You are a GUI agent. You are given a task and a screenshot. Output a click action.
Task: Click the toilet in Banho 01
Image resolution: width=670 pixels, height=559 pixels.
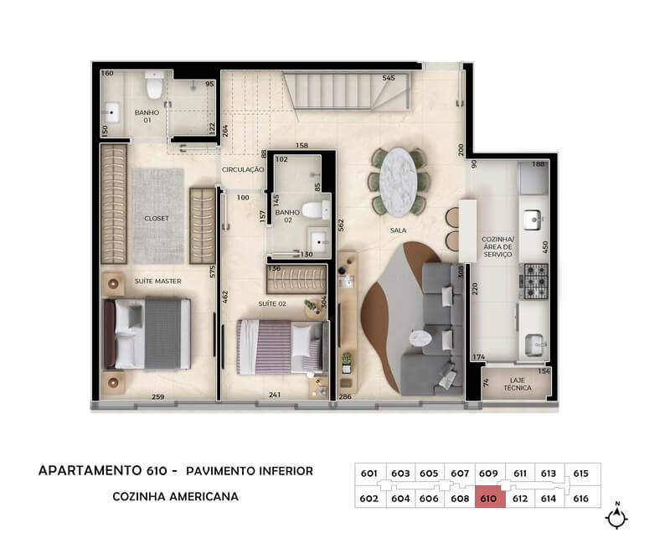tap(154, 85)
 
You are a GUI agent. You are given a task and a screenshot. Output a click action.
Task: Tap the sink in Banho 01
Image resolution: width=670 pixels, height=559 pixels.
tap(111, 112)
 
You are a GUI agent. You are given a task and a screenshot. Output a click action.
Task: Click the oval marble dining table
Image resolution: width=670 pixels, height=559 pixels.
tap(398, 182)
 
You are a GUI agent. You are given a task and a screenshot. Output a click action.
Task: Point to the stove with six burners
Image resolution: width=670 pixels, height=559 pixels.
tap(535, 281)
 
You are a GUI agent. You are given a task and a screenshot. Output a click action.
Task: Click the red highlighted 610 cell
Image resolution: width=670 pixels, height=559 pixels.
tap(490, 499)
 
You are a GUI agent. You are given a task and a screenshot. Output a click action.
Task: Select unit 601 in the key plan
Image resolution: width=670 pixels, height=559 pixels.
tap(369, 474)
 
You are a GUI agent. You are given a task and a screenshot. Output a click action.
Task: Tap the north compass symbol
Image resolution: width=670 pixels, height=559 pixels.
tap(616, 516)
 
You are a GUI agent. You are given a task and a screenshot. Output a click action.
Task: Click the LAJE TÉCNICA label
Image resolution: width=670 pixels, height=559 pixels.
tap(518, 384)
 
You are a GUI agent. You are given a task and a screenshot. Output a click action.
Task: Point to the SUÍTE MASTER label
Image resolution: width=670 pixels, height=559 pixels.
tap(158, 281)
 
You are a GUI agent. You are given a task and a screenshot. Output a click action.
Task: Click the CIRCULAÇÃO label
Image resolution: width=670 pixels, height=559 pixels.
tap(243, 170)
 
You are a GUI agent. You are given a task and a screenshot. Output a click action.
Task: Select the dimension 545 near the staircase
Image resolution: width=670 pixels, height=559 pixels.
tap(389, 78)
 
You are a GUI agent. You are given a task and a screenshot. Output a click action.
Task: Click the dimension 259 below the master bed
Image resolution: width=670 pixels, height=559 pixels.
tap(158, 397)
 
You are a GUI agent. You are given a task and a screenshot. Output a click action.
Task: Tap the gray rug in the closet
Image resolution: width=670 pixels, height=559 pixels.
tap(158, 216)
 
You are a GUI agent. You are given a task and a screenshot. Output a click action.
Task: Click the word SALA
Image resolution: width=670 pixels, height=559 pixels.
tap(399, 230)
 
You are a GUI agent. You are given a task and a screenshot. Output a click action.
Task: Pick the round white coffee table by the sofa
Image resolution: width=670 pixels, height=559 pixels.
tap(420, 338)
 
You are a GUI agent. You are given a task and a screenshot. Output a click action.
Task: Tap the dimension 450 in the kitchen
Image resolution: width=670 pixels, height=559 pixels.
tap(545, 247)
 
